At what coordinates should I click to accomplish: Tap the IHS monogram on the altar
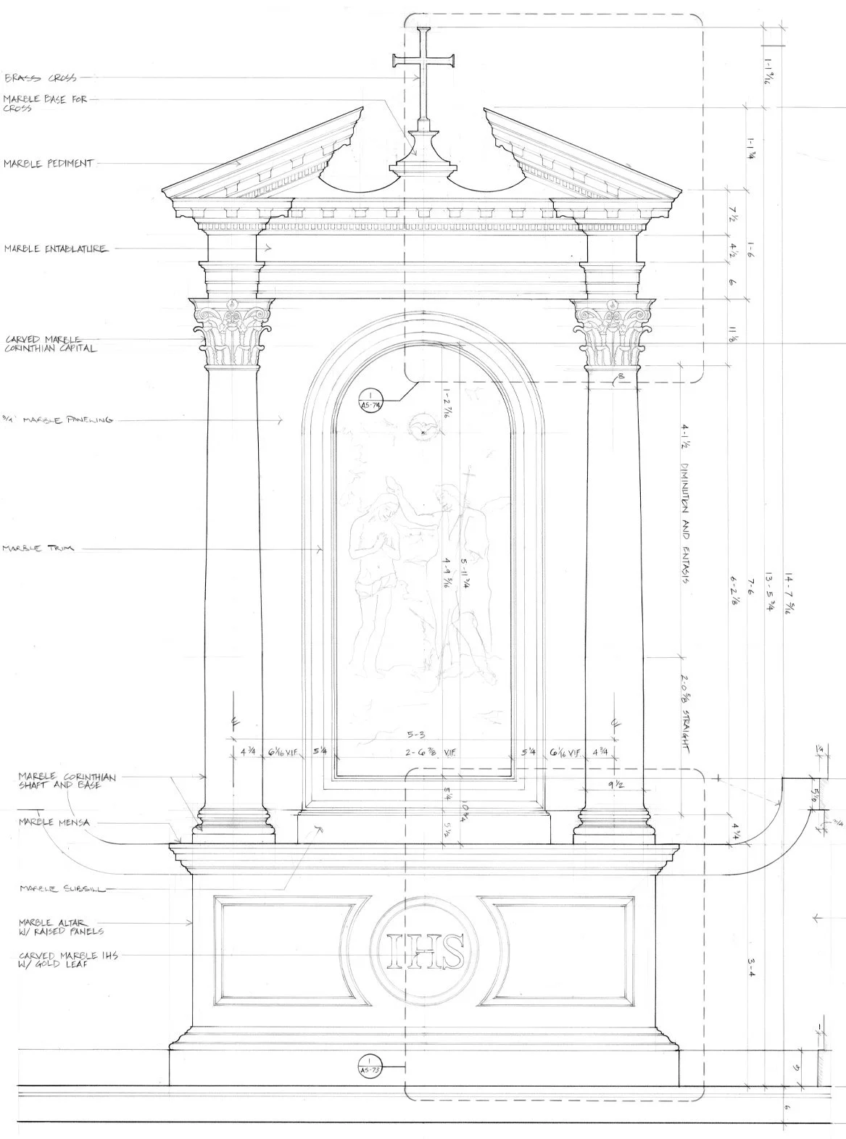pyautogui.click(x=426, y=951)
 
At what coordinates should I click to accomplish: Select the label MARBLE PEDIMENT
pyautogui.click(x=49, y=164)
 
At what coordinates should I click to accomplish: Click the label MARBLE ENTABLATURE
pyautogui.click(x=56, y=249)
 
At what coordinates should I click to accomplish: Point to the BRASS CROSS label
pyautogui.click(x=41, y=78)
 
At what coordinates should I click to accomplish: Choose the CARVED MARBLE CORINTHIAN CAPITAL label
pyautogui.click(x=51, y=343)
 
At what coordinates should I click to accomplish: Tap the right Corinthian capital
pyautogui.click(x=614, y=333)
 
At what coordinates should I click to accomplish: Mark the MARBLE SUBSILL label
pyautogui.click(x=62, y=888)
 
